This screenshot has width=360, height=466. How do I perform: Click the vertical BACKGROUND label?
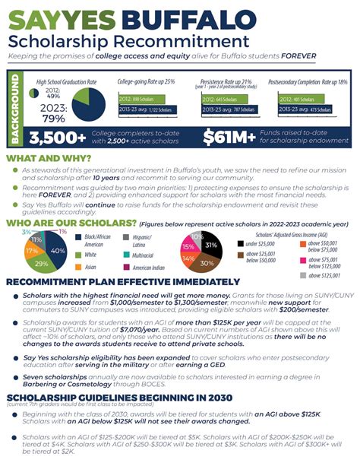point(14,107)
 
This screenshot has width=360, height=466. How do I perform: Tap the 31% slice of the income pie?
point(210,246)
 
